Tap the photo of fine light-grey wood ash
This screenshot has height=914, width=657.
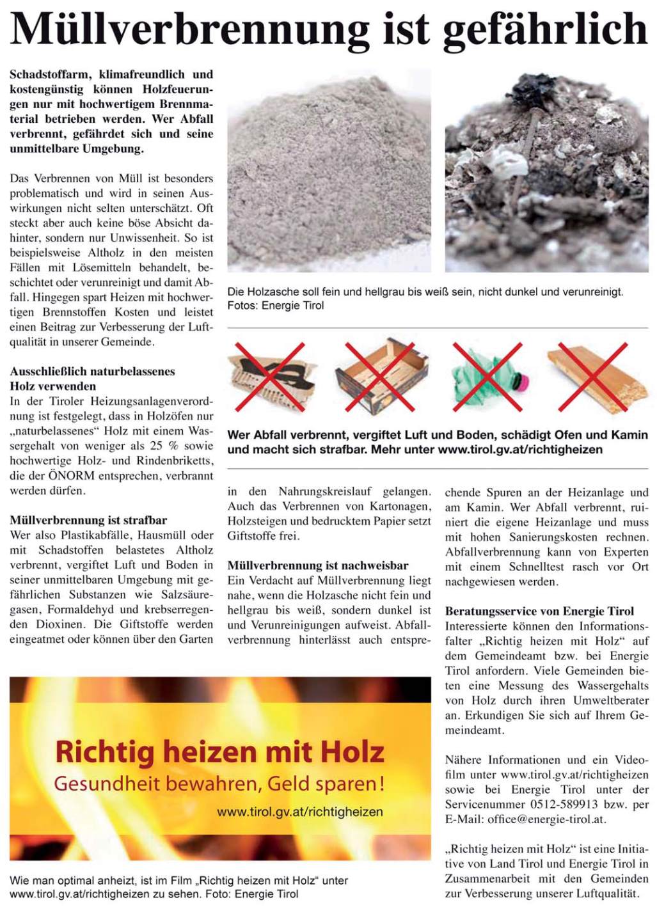(329, 170)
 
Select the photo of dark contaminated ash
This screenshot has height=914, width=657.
(546, 170)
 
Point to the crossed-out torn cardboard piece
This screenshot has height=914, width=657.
(271, 377)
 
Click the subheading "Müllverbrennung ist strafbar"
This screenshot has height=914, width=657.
(88, 520)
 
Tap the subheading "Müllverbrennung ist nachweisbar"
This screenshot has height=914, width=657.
(318, 565)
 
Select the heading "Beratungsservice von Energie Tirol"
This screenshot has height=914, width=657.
(539, 611)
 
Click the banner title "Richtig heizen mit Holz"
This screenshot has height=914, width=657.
(219, 752)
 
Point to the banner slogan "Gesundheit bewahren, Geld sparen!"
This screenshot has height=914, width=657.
(219, 784)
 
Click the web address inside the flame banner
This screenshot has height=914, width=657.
(300, 812)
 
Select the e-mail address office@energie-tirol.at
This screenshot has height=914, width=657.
(546, 819)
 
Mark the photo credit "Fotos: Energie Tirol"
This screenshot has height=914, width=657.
(276, 306)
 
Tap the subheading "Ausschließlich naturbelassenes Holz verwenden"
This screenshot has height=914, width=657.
(92, 379)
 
